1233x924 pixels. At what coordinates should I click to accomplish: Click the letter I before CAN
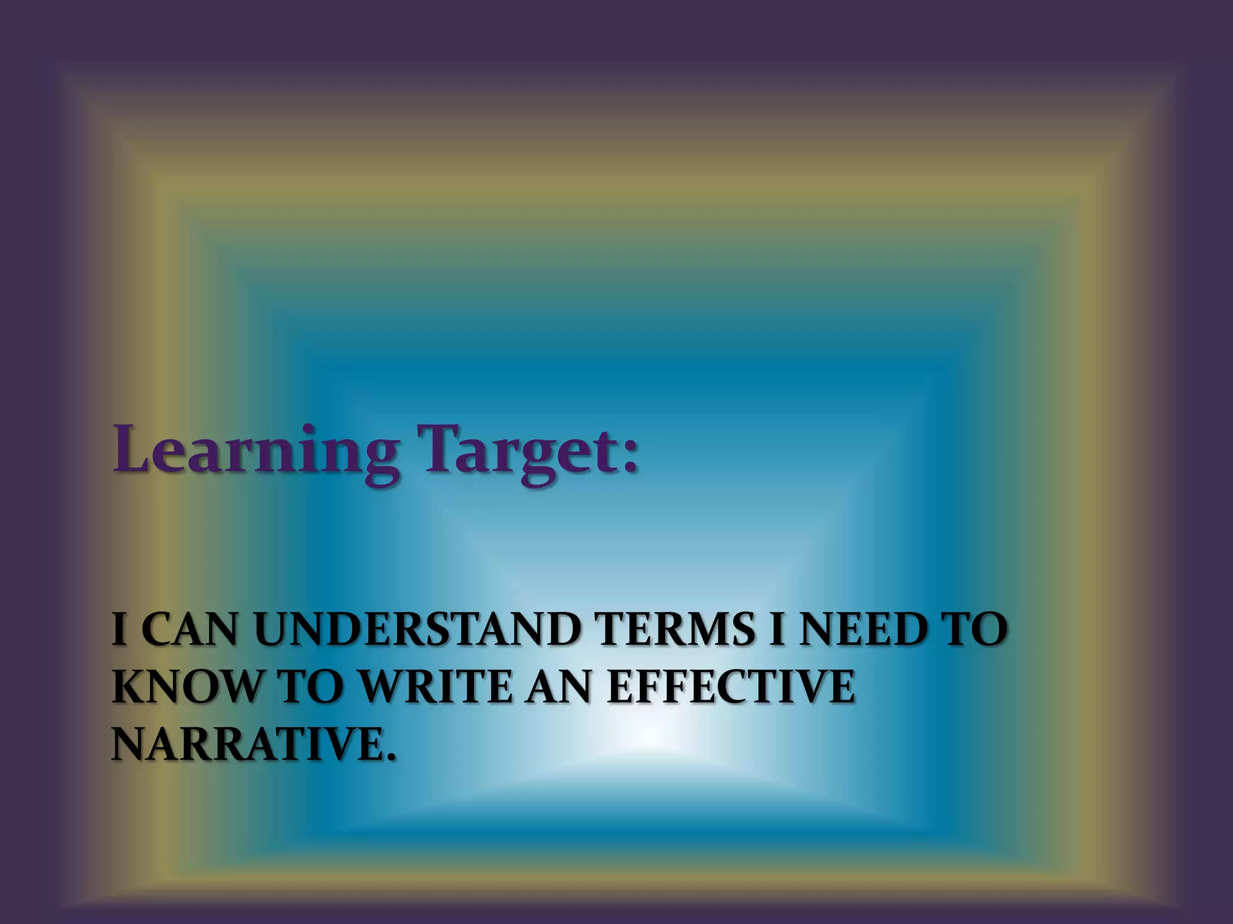pos(119,630)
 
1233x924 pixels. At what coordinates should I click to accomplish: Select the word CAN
pos(188,630)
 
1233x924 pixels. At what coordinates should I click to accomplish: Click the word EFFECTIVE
pos(731,687)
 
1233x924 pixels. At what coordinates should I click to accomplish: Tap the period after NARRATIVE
pos(393,756)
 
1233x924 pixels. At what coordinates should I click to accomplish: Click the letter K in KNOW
pos(127,687)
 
